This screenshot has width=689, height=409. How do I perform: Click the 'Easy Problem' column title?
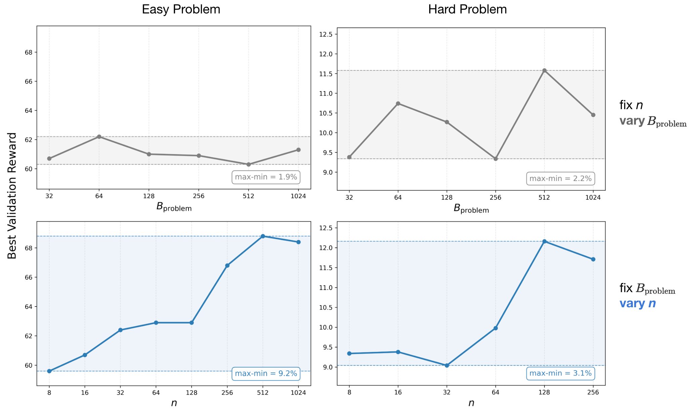pos(181,9)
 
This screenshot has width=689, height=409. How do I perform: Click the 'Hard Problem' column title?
pos(467,9)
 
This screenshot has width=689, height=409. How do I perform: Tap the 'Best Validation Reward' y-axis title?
pos(12,195)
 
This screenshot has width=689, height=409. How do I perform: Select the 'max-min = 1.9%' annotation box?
pos(266,177)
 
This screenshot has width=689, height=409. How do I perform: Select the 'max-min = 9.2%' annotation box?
pos(266,373)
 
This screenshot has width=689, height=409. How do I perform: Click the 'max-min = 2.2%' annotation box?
pos(560,178)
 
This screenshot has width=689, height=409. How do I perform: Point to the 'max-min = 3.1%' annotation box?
pos(560,373)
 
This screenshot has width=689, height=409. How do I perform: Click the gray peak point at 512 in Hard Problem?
pos(544,71)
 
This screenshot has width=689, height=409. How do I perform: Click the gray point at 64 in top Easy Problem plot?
pos(99,137)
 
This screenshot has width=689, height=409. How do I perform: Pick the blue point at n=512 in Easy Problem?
pos(263,236)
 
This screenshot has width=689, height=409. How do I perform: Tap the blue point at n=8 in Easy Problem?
pos(49,371)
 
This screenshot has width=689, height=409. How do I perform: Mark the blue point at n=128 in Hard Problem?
pos(544,241)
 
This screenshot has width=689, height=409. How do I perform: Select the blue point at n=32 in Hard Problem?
pos(447,365)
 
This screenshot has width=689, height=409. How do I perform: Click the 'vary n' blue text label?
pos(637,304)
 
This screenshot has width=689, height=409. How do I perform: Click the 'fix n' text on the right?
pos(631,105)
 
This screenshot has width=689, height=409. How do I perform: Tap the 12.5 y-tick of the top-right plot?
pos(325,34)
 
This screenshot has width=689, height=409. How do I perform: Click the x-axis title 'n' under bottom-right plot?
pos(471,403)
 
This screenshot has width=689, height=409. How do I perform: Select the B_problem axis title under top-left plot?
pos(174,207)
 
